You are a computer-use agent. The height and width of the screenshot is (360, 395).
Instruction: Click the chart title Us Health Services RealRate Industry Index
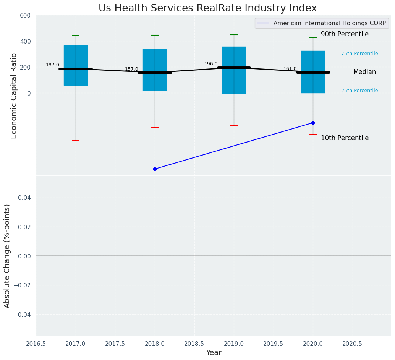tap(207, 8)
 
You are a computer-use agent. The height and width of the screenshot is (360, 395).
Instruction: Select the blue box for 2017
tap(76, 57)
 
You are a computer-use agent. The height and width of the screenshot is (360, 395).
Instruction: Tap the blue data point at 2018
tap(155, 169)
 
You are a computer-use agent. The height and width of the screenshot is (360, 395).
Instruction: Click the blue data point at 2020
tap(313, 123)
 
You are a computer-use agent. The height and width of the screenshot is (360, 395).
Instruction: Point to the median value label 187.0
tap(52, 65)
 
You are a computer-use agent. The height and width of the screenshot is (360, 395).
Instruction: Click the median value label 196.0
tap(211, 64)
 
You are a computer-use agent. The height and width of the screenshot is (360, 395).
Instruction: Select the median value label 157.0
tap(131, 69)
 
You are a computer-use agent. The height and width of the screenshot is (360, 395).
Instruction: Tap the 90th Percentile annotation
tap(345, 34)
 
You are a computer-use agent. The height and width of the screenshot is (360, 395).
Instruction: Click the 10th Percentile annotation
tap(345, 138)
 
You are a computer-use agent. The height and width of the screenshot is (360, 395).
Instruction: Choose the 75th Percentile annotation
tap(359, 54)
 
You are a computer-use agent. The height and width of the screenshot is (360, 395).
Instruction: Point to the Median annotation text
tap(364, 72)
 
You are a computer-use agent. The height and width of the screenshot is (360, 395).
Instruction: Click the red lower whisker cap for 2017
tap(76, 141)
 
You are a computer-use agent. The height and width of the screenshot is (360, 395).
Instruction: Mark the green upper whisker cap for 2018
tap(155, 35)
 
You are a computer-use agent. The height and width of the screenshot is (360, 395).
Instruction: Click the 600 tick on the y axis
tap(25, 15)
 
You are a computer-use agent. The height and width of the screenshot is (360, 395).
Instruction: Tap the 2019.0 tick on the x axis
tap(234, 344)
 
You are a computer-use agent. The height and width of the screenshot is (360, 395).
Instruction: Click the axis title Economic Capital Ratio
tap(14, 96)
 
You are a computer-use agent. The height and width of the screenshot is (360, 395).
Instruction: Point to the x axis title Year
tap(214, 353)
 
